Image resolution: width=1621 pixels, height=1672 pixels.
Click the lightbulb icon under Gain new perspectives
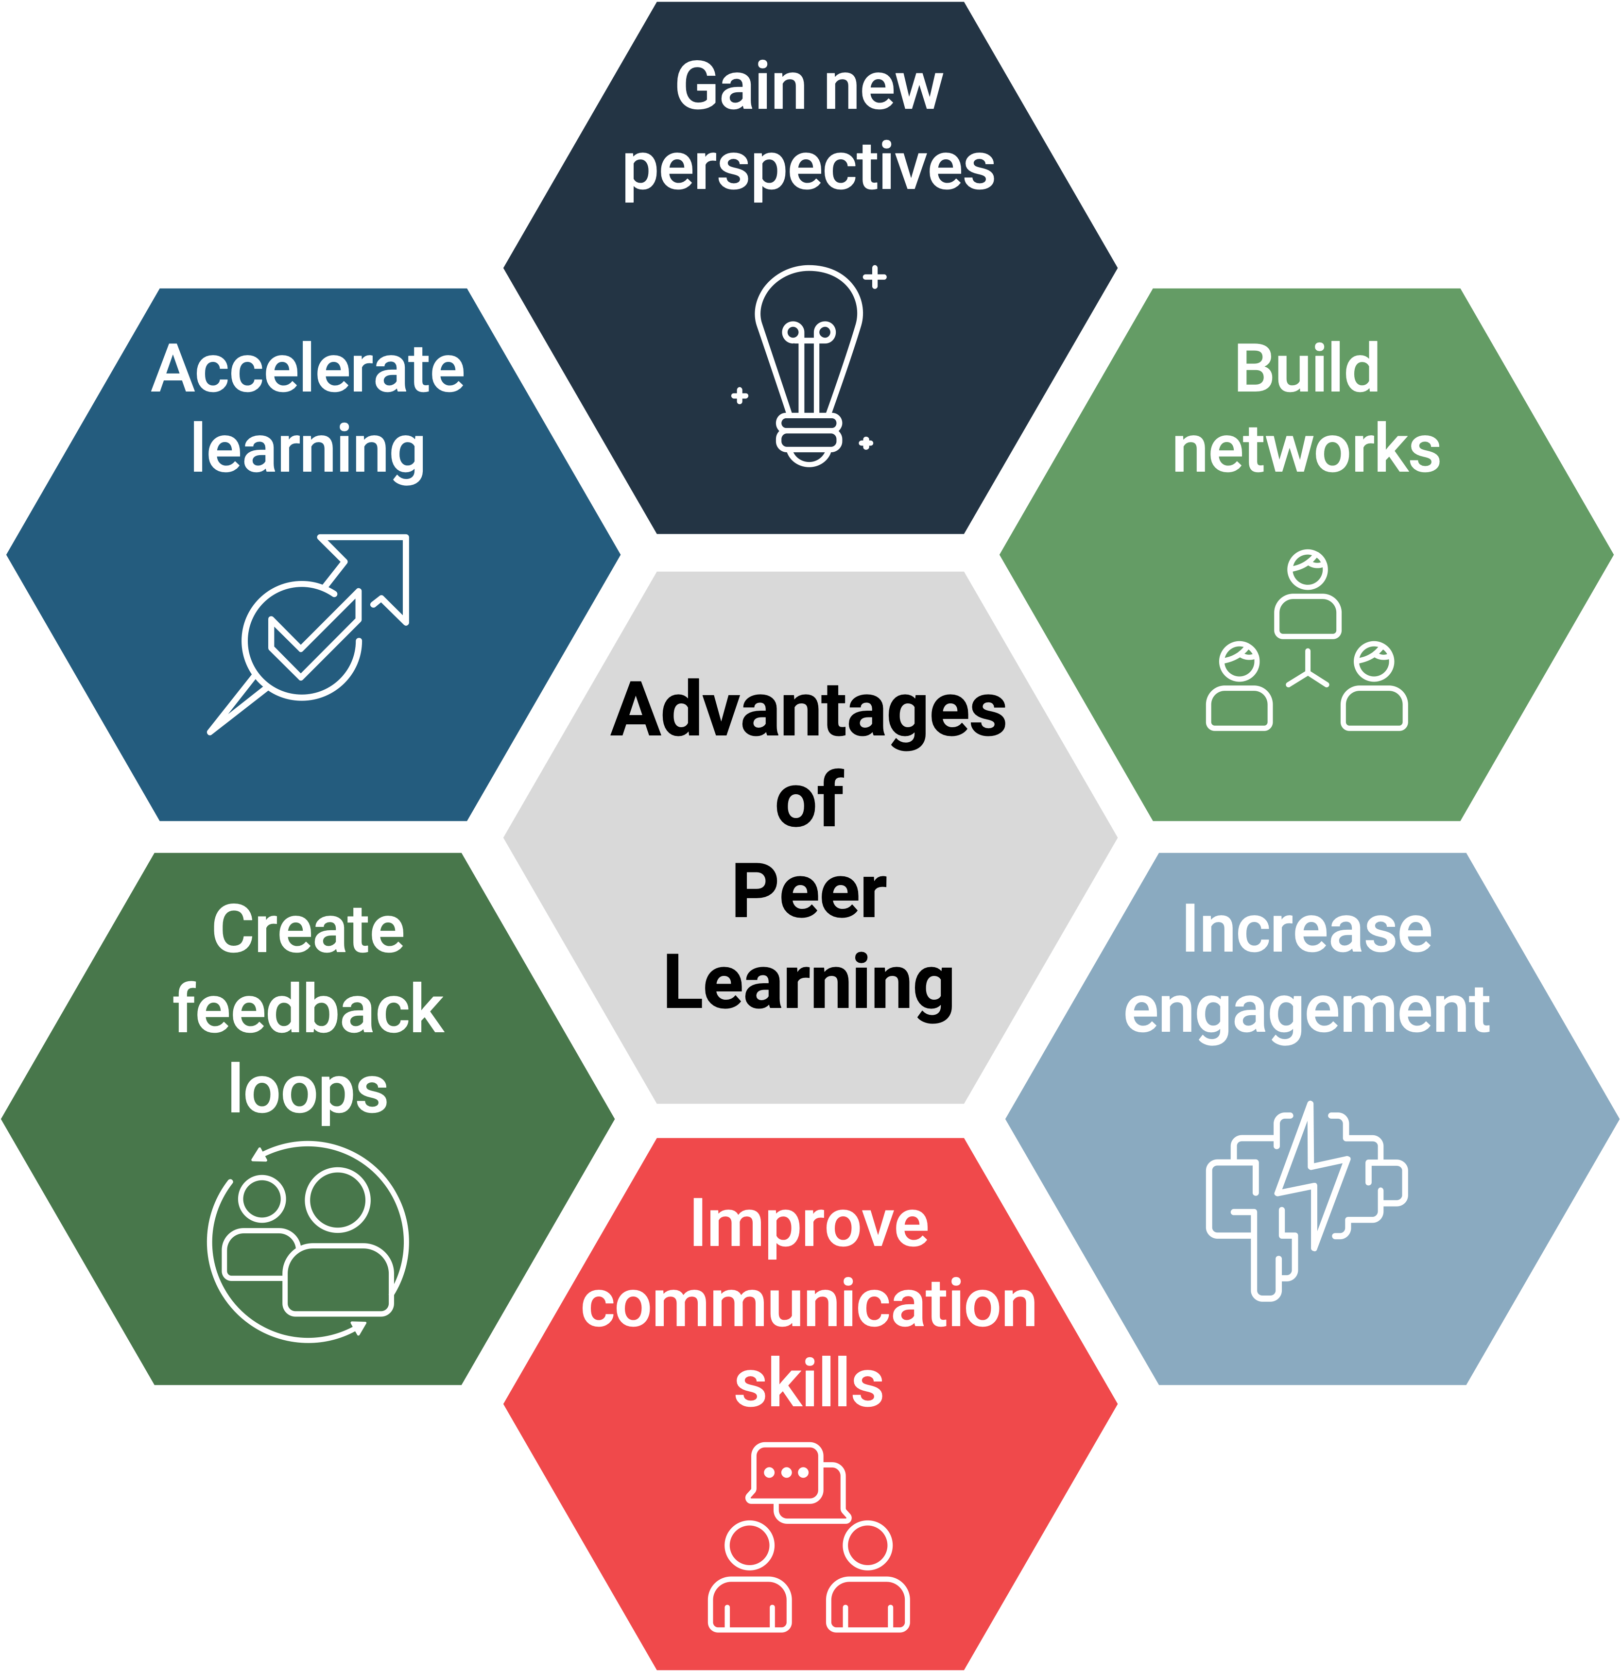click(809, 367)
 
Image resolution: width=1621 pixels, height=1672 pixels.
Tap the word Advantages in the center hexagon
click(809, 711)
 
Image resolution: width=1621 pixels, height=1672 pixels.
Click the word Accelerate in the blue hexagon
click(308, 369)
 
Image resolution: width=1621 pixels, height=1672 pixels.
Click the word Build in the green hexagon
click(1306, 369)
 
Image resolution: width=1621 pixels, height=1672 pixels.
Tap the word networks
click(1306, 449)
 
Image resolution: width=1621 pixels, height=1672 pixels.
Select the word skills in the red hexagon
click(809, 1383)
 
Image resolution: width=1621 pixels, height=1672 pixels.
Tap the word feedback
click(308, 1009)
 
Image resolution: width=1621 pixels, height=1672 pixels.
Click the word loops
click(308, 1090)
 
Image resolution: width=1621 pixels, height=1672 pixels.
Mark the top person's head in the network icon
click(1307, 568)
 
